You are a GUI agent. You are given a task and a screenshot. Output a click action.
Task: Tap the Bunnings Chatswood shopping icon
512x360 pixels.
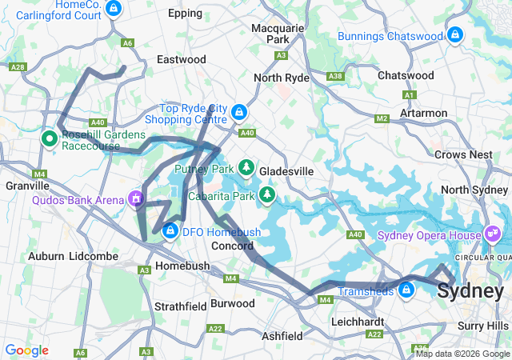(x=455, y=35)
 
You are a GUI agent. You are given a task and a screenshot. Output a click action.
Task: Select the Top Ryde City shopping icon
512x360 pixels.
(x=239, y=111)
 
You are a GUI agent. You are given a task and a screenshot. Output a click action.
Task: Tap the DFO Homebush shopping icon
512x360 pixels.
(x=170, y=232)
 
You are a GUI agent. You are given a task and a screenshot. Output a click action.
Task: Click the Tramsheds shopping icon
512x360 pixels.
(x=406, y=290)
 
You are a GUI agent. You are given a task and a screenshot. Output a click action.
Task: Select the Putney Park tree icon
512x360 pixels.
(x=247, y=167)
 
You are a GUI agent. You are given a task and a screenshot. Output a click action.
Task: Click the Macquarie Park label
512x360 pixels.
(x=278, y=33)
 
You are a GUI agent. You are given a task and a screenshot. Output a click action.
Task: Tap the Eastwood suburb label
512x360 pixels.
(x=182, y=59)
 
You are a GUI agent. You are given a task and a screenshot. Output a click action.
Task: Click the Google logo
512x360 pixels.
(x=26, y=350)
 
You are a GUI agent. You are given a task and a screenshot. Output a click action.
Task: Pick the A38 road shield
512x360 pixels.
(x=336, y=76)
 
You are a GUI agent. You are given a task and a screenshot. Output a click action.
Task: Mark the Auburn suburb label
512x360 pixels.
(x=46, y=256)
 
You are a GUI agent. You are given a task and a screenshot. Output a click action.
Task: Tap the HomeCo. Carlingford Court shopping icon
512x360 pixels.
(x=114, y=8)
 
